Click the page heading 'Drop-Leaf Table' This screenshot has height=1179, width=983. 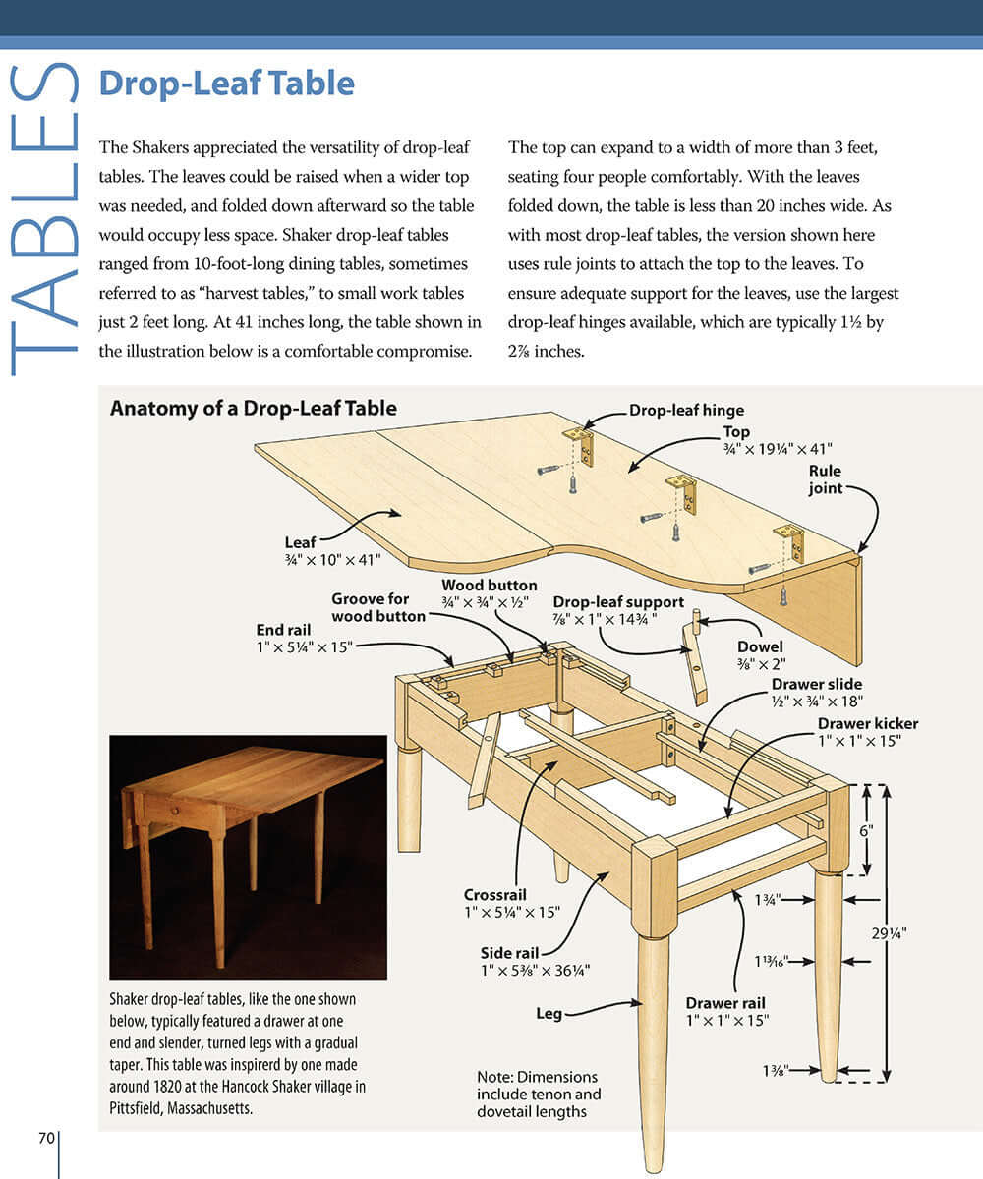coord(226,84)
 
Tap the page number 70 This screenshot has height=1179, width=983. coord(46,1139)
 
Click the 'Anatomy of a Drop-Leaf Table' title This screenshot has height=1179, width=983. coord(253,408)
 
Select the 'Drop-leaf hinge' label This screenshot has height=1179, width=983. coord(686,410)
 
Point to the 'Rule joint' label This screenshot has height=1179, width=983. coord(825,479)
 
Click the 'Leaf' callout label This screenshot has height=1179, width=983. coord(300,541)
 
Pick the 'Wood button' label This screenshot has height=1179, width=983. coord(489,586)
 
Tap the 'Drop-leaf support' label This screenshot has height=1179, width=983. coord(618,602)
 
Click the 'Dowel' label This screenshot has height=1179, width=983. coord(760,647)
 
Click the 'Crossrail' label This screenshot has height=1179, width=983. coord(495,895)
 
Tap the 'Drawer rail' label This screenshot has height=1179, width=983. coord(726,1003)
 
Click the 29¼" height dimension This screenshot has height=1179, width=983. coord(918,933)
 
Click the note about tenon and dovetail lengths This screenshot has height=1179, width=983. coord(539,1094)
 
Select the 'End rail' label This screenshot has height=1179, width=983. coord(284,630)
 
